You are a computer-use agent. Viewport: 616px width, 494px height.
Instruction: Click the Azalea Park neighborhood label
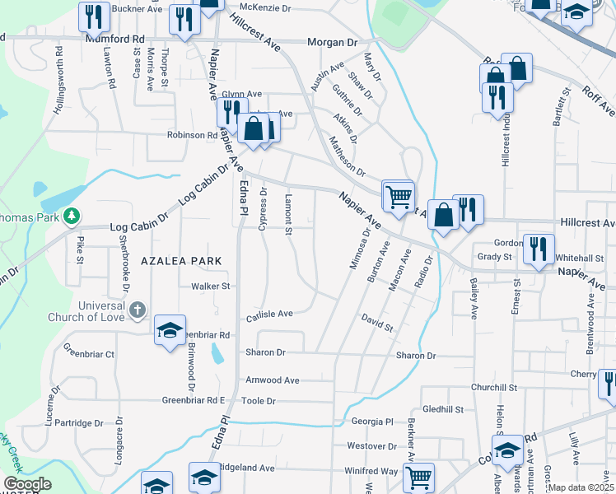tap(182, 260)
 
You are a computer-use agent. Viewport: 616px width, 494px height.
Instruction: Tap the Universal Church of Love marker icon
tap(137, 310)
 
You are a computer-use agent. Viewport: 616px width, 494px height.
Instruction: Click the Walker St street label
tap(209, 287)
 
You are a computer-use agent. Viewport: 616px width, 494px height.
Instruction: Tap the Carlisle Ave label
tap(269, 314)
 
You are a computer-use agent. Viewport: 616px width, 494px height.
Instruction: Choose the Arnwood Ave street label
tap(273, 380)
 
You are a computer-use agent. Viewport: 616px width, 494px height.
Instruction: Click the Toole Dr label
tap(258, 401)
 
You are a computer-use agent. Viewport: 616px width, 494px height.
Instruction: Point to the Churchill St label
tap(492, 387)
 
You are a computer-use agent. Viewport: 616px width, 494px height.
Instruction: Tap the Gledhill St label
tap(443, 408)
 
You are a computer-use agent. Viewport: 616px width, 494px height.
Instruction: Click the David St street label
tap(377, 322)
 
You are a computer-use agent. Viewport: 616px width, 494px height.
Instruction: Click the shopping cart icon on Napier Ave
tap(399, 196)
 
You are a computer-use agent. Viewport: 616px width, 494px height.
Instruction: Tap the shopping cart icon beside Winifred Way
tap(419, 476)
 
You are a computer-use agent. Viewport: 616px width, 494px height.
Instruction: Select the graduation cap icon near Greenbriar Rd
tap(170, 330)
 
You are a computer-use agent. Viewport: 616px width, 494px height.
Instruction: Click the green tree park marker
tap(72, 216)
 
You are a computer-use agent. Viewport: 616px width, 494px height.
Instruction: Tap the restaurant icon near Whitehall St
tap(539, 249)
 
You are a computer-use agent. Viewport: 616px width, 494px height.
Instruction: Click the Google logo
tap(27, 484)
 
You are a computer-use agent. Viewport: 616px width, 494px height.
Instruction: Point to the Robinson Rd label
tap(192, 135)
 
